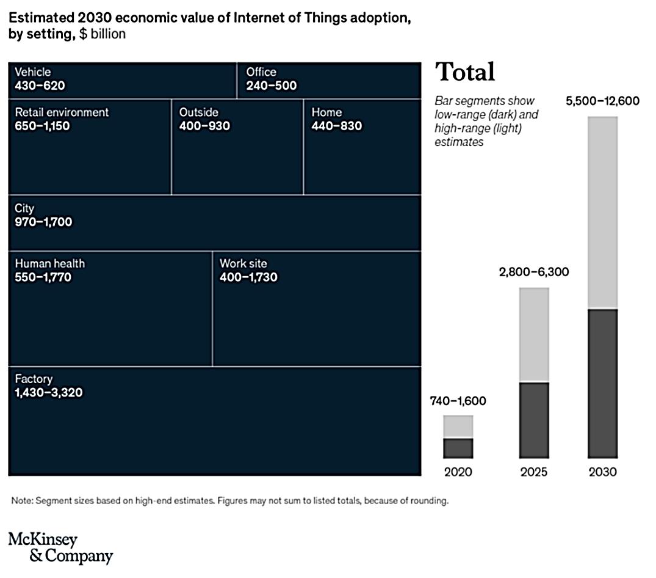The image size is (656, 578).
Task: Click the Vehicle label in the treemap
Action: coord(32,72)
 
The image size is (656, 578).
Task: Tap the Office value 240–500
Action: coord(272,86)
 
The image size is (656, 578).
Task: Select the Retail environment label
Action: coord(62,112)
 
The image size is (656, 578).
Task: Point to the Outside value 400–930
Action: coord(204,126)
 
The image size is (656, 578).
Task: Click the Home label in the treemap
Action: coord(326,112)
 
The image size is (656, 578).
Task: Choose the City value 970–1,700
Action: coord(43,222)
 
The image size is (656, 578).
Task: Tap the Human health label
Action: coord(49,263)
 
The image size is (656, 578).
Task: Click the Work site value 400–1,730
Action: coord(248,277)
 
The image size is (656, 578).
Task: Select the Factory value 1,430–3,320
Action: coord(48,392)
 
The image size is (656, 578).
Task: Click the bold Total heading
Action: coord(465,72)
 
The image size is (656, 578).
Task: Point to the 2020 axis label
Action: coord(458,472)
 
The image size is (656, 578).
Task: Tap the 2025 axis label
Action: coord(534,472)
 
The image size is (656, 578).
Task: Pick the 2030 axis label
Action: coord(603,472)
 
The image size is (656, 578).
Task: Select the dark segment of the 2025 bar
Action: coord(534,420)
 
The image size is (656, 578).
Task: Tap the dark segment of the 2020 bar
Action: coord(458,448)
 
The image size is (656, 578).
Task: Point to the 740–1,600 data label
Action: coord(458,401)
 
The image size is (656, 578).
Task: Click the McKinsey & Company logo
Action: coord(60,547)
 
